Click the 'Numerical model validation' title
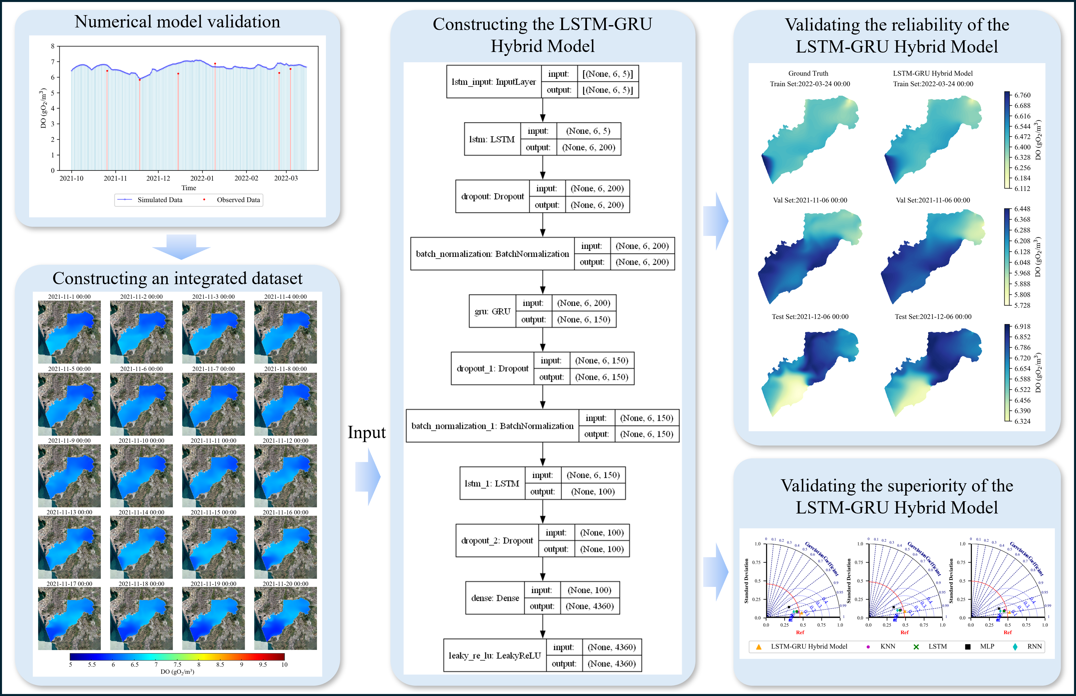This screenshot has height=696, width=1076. pos(177,22)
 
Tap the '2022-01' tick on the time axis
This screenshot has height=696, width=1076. pos(202,178)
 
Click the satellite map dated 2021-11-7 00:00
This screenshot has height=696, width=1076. pos(213,404)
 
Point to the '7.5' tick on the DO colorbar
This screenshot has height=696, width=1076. pos(177,664)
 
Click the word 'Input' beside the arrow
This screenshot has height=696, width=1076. pos(366,432)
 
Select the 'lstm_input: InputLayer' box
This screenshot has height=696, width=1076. pos(494,82)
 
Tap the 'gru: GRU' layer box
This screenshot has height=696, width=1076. pos(492,311)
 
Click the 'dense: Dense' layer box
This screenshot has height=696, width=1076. pos(495,598)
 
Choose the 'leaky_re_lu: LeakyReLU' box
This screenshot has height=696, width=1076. pos(494,655)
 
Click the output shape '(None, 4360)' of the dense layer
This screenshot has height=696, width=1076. pos(589,606)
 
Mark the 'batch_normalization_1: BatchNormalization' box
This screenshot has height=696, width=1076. pos(492,426)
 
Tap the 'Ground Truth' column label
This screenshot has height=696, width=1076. pos(808,73)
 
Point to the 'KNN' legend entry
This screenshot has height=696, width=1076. pos(887,646)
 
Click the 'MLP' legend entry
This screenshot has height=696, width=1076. pos(987,646)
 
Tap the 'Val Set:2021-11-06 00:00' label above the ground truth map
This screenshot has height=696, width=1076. pos(810,200)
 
